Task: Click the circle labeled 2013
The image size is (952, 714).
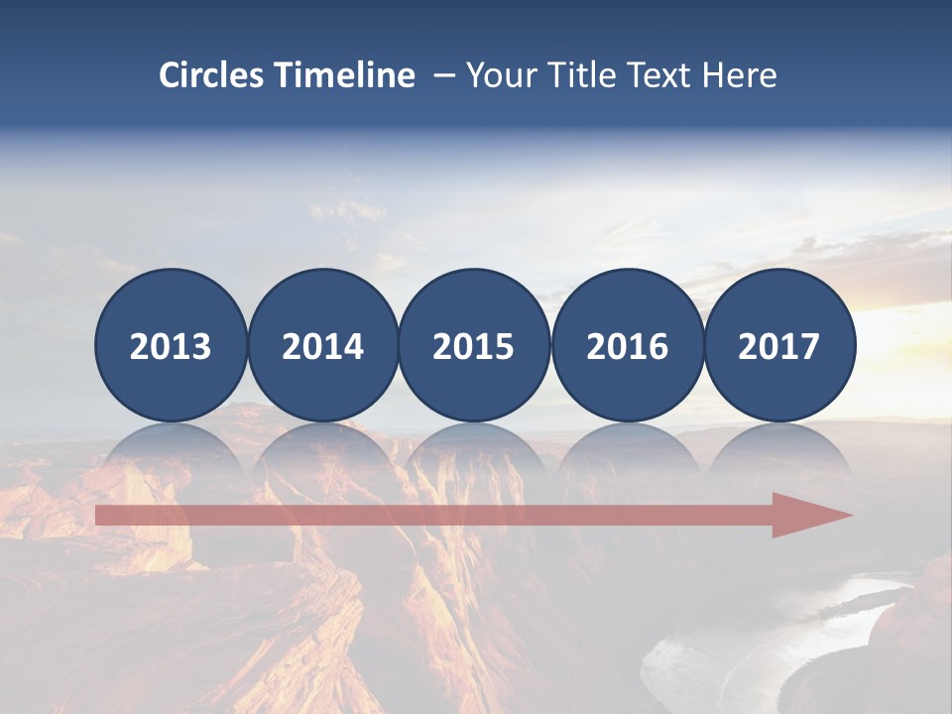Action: [171, 345]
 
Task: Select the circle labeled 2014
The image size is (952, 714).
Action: [322, 345]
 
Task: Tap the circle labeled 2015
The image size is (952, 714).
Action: [474, 345]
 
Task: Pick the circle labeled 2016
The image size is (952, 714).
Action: [627, 345]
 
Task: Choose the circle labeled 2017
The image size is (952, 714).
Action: [779, 345]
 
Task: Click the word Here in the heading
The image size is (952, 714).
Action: [740, 75]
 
